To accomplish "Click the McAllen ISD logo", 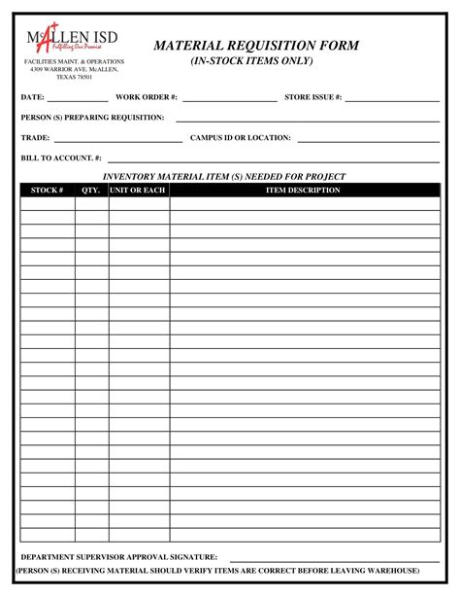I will point(74,38).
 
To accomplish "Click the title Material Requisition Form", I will point(257,46).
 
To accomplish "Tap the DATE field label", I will point(32,98).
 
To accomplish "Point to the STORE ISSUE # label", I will point(312,98).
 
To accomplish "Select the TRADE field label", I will point(35,138).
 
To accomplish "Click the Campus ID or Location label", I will point(240,138).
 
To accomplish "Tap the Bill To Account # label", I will point(60,158).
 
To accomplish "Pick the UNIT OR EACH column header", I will point(138,191).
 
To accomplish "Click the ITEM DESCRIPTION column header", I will point(303,191).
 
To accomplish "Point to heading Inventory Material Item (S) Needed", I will point(224,177).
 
